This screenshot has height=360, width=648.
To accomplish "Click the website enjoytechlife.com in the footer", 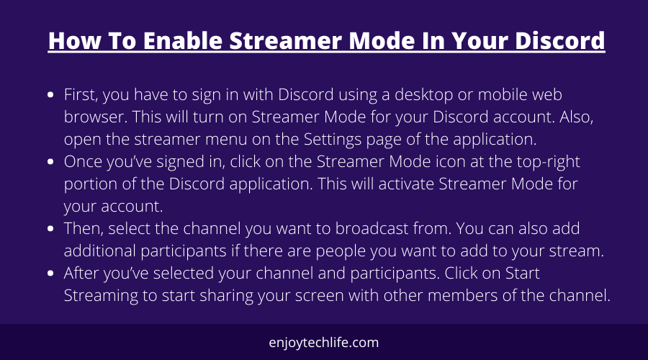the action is (x=323, y=343).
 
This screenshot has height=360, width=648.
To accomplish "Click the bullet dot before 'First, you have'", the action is (x=50, y=94).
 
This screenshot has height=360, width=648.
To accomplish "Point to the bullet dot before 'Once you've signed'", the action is (x=50, y=161).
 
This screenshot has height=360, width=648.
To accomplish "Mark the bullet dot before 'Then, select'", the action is (x=50, y=228).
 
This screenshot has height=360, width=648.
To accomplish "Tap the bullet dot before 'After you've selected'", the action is (x=50, y=273).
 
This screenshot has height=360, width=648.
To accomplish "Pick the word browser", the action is (x=96, y=117).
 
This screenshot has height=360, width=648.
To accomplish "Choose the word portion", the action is (x=91, y=184).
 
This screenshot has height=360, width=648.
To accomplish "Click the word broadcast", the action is (x=372, y=228).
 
